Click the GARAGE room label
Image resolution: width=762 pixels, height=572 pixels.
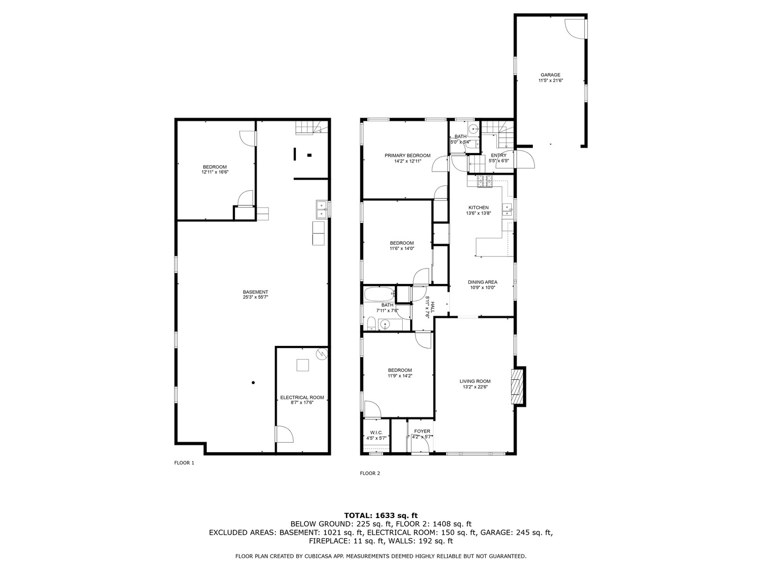tap(550, 75)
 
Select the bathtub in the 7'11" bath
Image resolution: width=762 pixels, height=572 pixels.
tap(379, 293)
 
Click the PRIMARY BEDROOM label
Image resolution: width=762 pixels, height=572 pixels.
tap(407, 155)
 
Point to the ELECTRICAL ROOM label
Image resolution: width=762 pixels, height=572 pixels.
tap(302, 398)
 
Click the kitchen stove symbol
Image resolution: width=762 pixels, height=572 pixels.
tap(485, 182)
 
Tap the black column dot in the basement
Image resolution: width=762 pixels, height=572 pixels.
tap(253, 382)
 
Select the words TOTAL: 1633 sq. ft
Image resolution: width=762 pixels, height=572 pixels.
tap(380, 515)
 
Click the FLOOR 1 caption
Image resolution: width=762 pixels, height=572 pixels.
tap(184, 463)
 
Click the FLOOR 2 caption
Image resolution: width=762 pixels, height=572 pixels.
tap(370, 473)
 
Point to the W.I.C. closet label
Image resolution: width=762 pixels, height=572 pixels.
tap(376, 432)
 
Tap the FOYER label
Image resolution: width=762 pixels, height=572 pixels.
tap(422, 431)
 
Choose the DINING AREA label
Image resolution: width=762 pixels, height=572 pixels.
tap(482, 282)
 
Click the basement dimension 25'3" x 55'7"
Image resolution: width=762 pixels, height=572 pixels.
tap(255, 298)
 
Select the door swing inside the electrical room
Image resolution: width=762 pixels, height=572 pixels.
tap(284, 434)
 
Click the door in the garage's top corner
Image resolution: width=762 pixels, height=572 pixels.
tap(576, 27)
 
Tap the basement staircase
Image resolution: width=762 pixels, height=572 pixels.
tap(308, 128)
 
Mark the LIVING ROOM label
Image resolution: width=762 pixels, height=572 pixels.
tap(475, 381)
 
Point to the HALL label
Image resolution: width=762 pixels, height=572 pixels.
tap(432, 306)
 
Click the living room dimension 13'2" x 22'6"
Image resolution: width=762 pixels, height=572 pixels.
tap(475, 387)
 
